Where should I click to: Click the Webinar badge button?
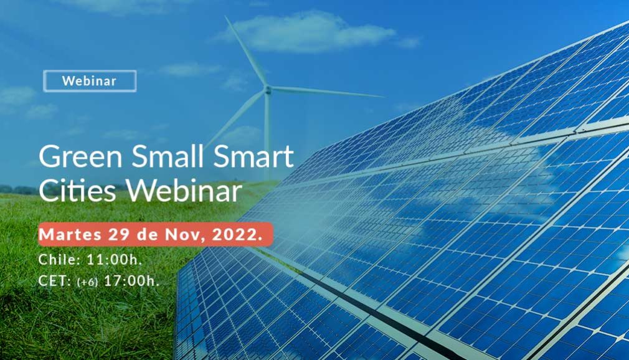pyautogui.click(x=90, y=81)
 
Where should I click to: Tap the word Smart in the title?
pyautogui.click(x=253, y=156)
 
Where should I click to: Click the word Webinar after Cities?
pyautogui.click(x=184, y=190)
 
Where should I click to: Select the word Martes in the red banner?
pyautogui.click(x=70, y=234)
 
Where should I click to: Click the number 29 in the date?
pyautogui.click(x=119, y=234)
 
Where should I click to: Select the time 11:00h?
pyautogui.click(x=115, y=260)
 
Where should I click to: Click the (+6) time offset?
pyautogui.click(x=87, y=282)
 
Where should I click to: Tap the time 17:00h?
pyautogui.click(x=131, y=280)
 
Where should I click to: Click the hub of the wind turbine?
pyautogui.click(x=268, y=90)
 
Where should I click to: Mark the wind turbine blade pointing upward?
pyautogui.click(x=246, y=51)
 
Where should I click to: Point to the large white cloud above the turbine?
pyautogui.click(x=311, y=32)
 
